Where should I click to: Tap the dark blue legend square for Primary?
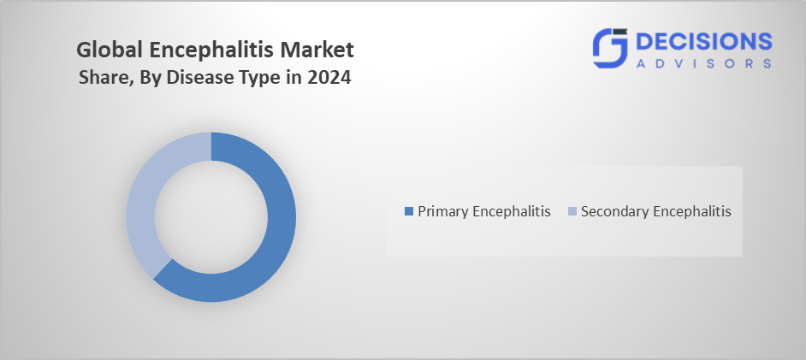tap(409, 211)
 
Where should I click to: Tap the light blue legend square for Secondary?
tap(572, 211)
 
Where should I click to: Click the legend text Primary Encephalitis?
tap(483, 211)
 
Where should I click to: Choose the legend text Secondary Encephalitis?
tap(656, 211)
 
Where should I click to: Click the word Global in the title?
tap(110, 50)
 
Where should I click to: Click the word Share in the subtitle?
tap(101, 78)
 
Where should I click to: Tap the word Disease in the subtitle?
tap(195, 78)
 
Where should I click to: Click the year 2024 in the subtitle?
tap(329, 78)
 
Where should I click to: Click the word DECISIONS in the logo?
tap(703, 42)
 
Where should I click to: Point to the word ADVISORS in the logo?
tap(703, 63)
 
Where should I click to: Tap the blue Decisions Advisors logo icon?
tap(610, 48)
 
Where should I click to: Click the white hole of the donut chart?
tap(211, 217)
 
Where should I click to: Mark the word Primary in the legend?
tap(443, 211)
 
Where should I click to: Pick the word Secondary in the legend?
tap(612, 211)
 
